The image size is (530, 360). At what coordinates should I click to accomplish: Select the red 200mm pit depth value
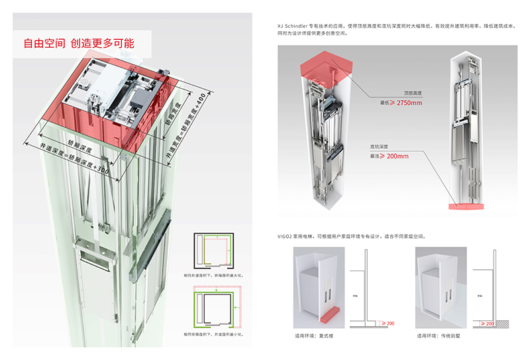click(x=397, y=156)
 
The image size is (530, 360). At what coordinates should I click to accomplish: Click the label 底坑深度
click(x=381, y=147)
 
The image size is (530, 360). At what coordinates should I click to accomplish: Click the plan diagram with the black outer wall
click(x=213, y=250)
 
